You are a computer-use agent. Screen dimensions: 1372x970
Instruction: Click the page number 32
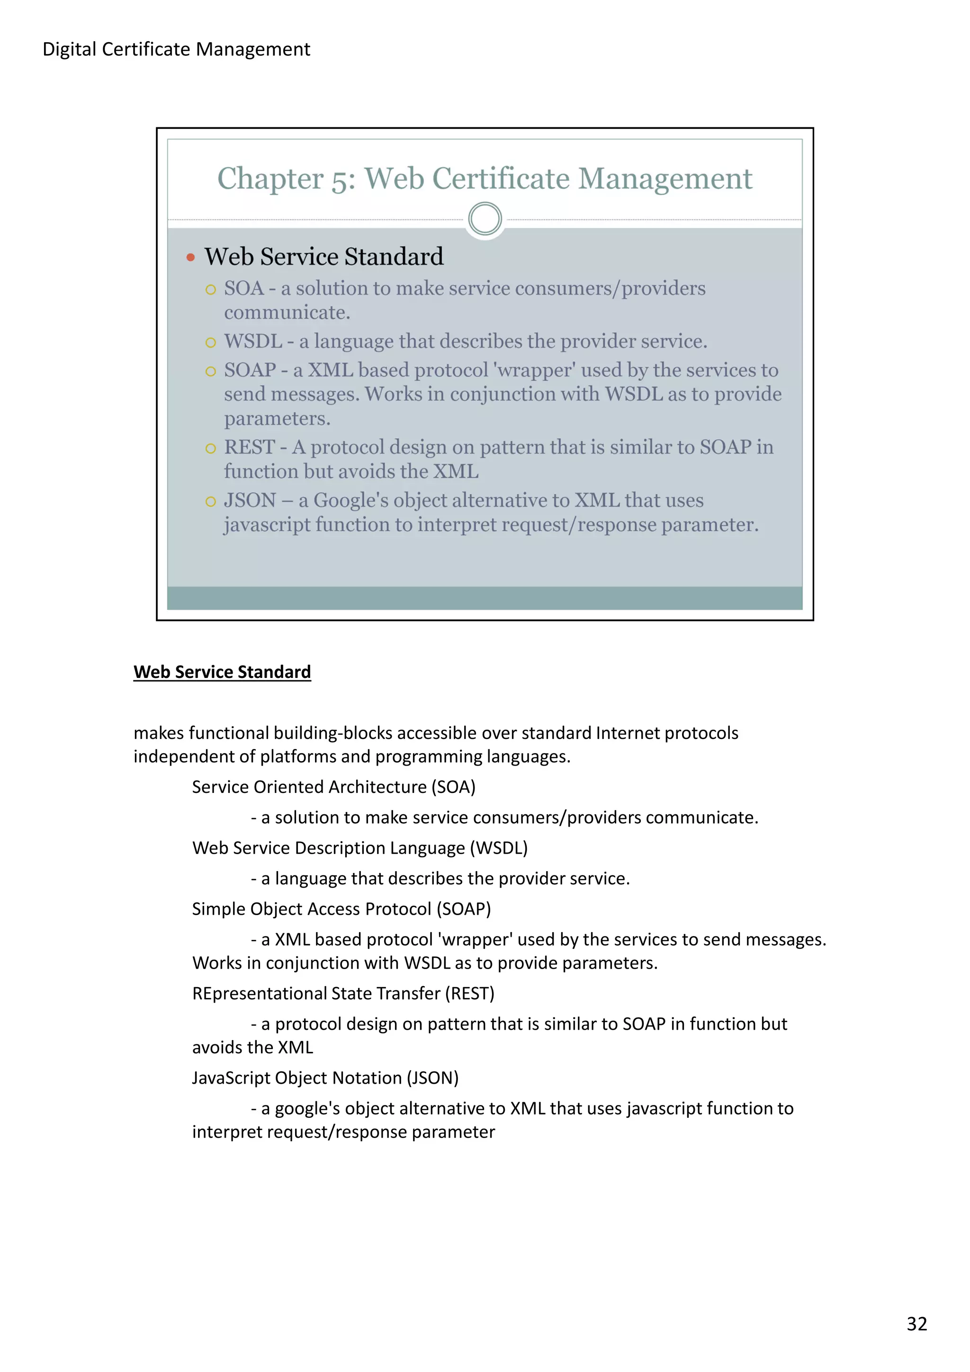916,1324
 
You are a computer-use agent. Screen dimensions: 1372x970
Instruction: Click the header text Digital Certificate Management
176,49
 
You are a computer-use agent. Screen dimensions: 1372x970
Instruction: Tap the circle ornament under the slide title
485,219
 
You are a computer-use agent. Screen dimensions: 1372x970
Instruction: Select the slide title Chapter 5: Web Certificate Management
484,178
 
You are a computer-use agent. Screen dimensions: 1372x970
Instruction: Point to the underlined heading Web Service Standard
222,672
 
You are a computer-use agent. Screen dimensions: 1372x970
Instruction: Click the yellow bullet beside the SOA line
210,290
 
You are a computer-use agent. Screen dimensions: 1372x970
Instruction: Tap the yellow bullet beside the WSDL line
210,342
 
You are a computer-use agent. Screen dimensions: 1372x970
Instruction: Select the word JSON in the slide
250,500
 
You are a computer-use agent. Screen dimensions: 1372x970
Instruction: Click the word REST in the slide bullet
249,447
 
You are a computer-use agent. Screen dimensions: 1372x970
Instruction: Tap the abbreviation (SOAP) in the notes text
463,909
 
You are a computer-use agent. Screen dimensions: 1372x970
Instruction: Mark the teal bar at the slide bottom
484,597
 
